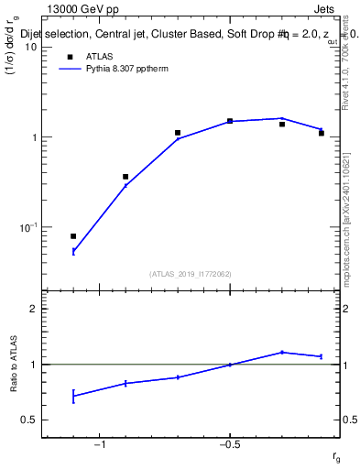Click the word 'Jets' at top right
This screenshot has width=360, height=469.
click(x=324, y=7)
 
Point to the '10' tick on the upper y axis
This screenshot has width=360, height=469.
click(x=28, y=47)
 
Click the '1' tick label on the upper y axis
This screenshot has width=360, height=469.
click(x=31, y=137)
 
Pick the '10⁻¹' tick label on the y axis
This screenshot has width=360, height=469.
click(x=26, y=227)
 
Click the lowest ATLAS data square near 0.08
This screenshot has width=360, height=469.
click(x=73, y=236)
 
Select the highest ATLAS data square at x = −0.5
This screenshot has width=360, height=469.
click(x=230, y=121)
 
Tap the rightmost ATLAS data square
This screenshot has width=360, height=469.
click(x=322, y=134)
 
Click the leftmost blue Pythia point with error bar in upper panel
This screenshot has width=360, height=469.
click(x=73, y=251)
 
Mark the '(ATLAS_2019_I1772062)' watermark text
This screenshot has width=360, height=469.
click(x=191, y=273)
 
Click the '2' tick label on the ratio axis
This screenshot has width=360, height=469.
click(x=31, y=309)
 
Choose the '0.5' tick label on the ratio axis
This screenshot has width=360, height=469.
click(x=27, y=420)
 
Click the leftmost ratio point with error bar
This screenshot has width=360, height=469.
click(x=73, y=396)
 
